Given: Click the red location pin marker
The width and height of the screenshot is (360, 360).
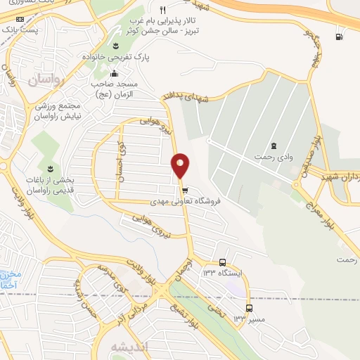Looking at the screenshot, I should coord(181,165).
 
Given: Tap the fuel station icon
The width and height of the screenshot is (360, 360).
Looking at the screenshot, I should coord(340,37).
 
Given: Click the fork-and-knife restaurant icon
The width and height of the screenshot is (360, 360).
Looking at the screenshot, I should coord(162,10).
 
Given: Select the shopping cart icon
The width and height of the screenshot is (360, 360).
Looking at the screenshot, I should coord(185,190).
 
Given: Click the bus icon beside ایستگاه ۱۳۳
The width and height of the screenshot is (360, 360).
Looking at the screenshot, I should coord(223,263).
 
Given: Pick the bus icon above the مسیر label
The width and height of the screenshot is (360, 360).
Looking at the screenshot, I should coord(249,308).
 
